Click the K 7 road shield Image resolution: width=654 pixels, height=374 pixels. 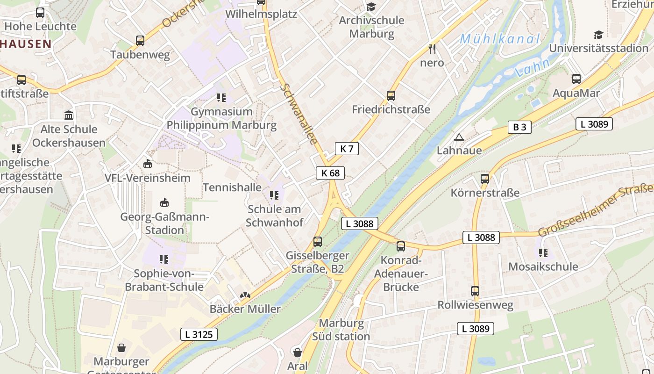(347, 149)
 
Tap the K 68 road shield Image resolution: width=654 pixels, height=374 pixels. (330, 173)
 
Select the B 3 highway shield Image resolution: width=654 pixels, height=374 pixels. (519, 127)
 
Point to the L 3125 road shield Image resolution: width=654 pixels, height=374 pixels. (199, 334)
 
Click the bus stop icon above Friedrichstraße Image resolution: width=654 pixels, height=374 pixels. (391, 96)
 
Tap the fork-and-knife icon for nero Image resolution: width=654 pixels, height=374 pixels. (432, 49)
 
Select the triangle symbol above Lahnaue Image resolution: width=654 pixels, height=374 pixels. (459, 137)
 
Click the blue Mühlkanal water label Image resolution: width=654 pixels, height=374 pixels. (499, 39)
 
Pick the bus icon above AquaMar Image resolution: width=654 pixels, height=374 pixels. (576, 79)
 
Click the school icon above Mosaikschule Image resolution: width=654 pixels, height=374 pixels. (543, 253)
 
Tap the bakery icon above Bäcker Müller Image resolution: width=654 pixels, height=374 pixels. (245, 295)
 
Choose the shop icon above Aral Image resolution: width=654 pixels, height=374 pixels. (297, 352)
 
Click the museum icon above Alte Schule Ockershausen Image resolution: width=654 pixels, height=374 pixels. (69, 115)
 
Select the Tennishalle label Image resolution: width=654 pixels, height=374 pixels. (232, 187)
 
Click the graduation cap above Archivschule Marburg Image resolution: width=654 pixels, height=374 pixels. (371, 7)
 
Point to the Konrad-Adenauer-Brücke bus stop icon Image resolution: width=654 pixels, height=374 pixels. (401, 246)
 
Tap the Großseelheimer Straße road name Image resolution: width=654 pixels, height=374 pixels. (596, 211)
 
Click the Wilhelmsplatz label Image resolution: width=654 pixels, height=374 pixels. (261, 14)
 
